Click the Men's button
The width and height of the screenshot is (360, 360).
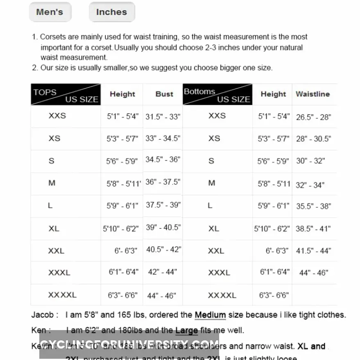pyautogui.click(x=50, y=12)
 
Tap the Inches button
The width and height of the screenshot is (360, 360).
pyautogui.click(x=111, y=12)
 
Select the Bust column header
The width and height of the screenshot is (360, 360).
pyautogui.click(x=164, y=94)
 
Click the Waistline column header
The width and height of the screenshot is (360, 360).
pyautogui.click(x=312, y=94)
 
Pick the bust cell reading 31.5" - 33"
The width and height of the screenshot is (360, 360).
pyautogui.click(x=163, y=117)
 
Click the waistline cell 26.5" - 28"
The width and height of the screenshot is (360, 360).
pyautogui.click(x=313, y=117)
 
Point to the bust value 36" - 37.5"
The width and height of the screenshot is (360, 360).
pyautogui.click(x=163, y=182)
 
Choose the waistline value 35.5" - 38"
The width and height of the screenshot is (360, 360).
pyautogui.click(x=313, y=206)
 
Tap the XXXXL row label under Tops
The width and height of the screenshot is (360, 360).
pyautogui.click(x=62, y=295)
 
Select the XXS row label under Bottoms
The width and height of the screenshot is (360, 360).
pyautogui.click(x=217, y=116)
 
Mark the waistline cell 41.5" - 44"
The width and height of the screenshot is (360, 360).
pyautogui.click(x=313, y=251)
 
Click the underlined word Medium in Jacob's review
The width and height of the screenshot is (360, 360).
pyautogui.click(x=210, y=315)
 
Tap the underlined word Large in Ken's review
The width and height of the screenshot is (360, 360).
pyautogui.click(x=186, y=330)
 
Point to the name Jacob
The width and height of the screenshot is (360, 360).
pyautogui.click(x=43, y=315)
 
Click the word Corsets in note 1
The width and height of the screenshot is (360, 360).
pyautogui.click(x=53, y=37)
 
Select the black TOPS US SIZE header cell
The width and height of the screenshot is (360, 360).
pyautogui.click(x=66, y=95)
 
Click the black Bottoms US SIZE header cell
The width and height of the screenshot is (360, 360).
pyautogui.click(x=217, y=95)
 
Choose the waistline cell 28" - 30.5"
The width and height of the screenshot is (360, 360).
pyautogui.click(x=313, y=139)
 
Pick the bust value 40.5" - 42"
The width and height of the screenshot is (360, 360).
pyautogui.click(x=163, y=249)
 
